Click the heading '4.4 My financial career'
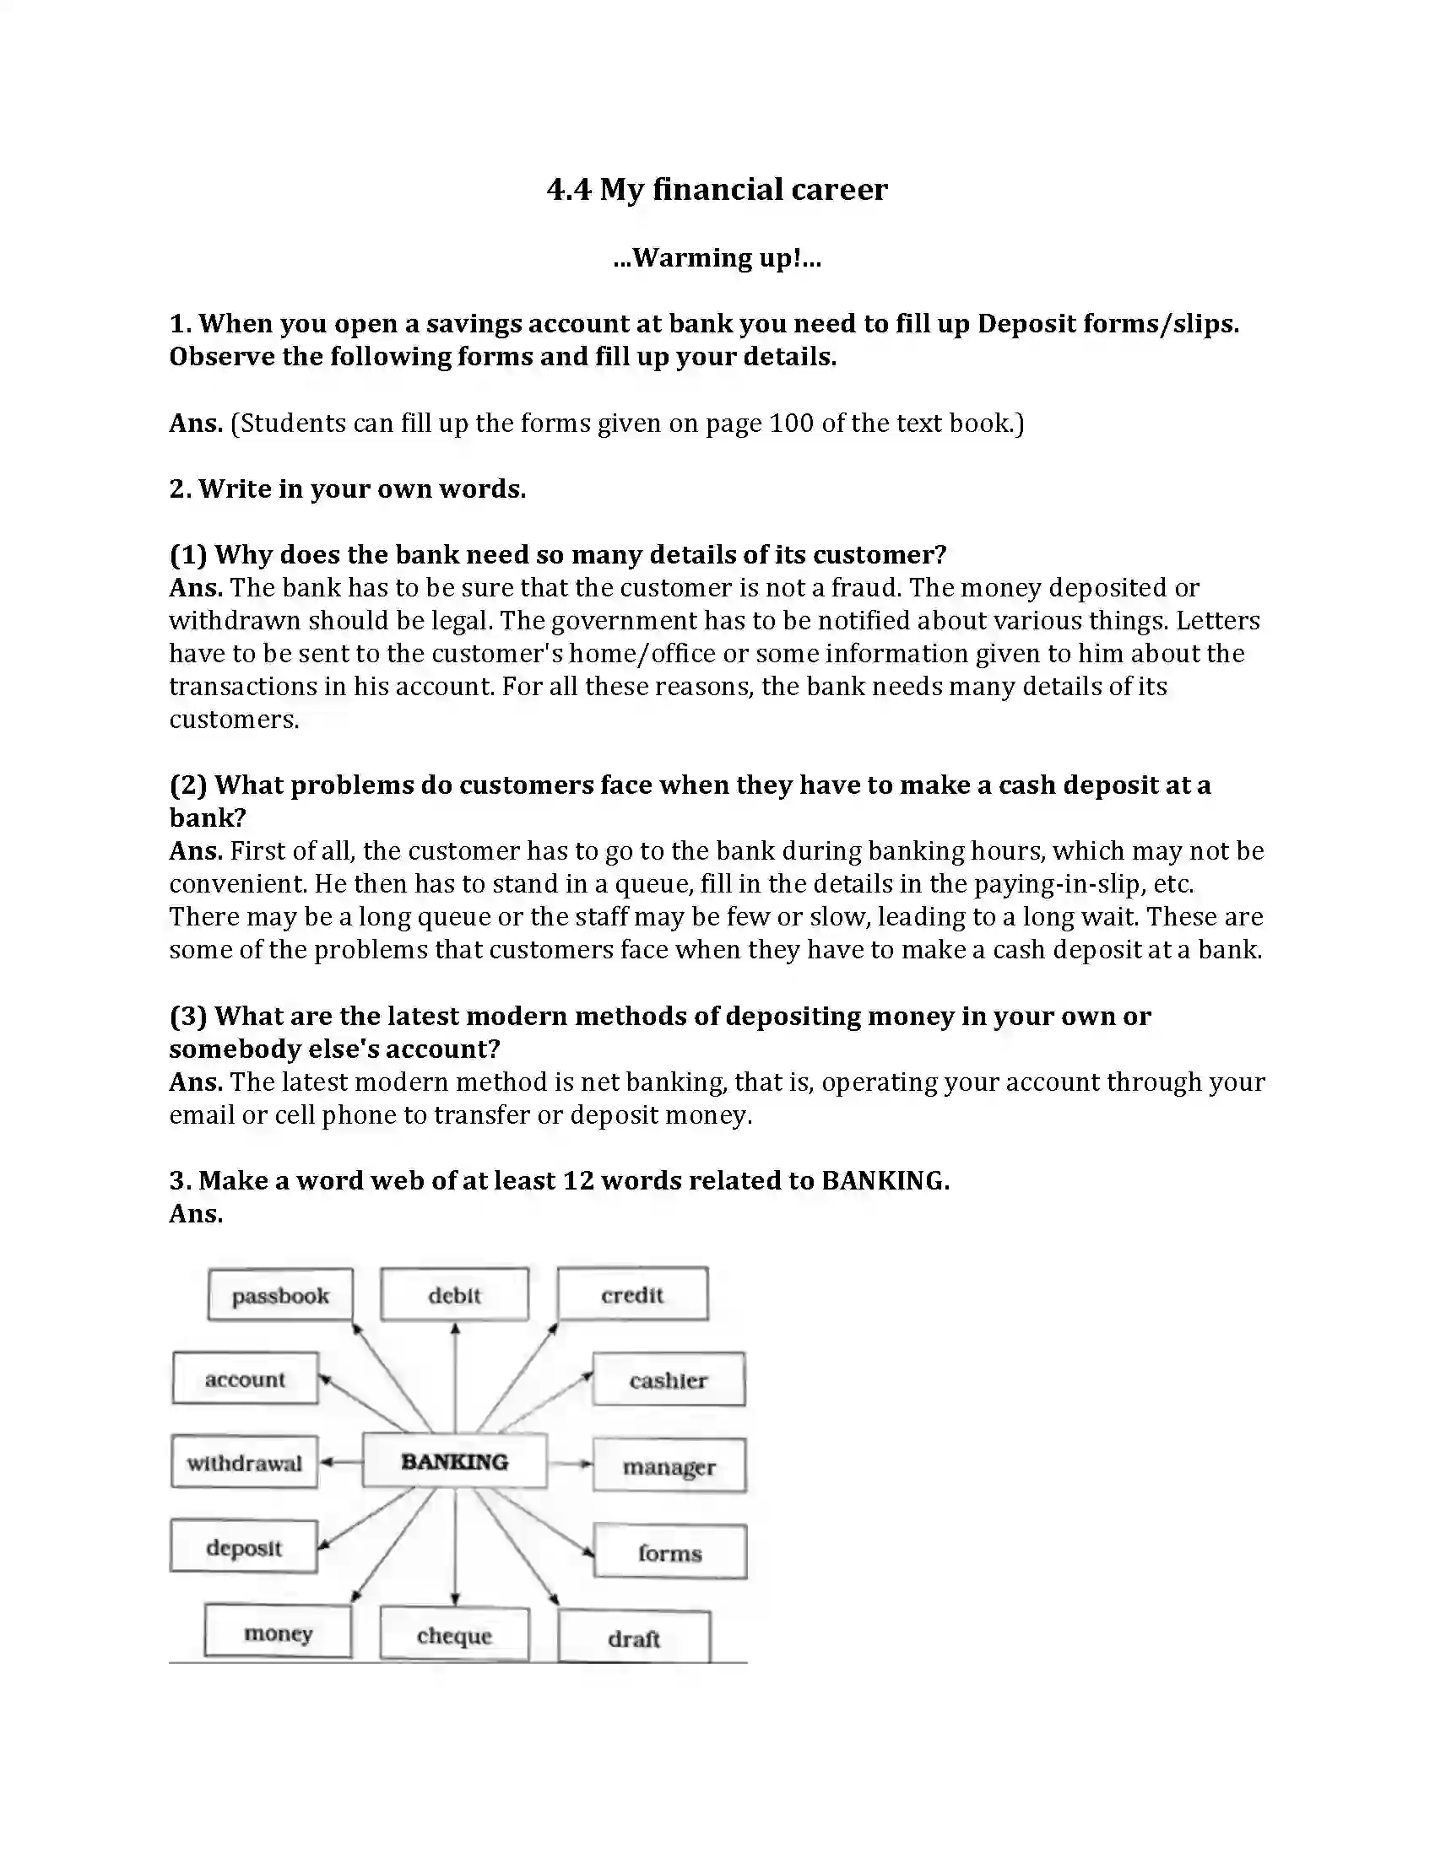tap(717, 189)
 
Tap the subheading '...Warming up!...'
tap(717, 257)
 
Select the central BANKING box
tap(454, 1462)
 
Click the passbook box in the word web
tap(279, 1295)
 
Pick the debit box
tap(454, 1295)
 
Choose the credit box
tap(631, 1294)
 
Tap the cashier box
tap(669, 1380)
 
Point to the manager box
tap(669, 1466)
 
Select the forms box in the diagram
tap(670, 1552)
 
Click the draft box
tap(633, 1637)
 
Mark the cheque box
tap(454, 1635)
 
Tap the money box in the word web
tap(278, 1632)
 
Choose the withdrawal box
tap(244, 1463)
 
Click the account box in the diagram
tap(245, 1379)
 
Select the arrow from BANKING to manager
tap(570, 1464)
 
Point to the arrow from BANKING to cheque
tap(455, 1546)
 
